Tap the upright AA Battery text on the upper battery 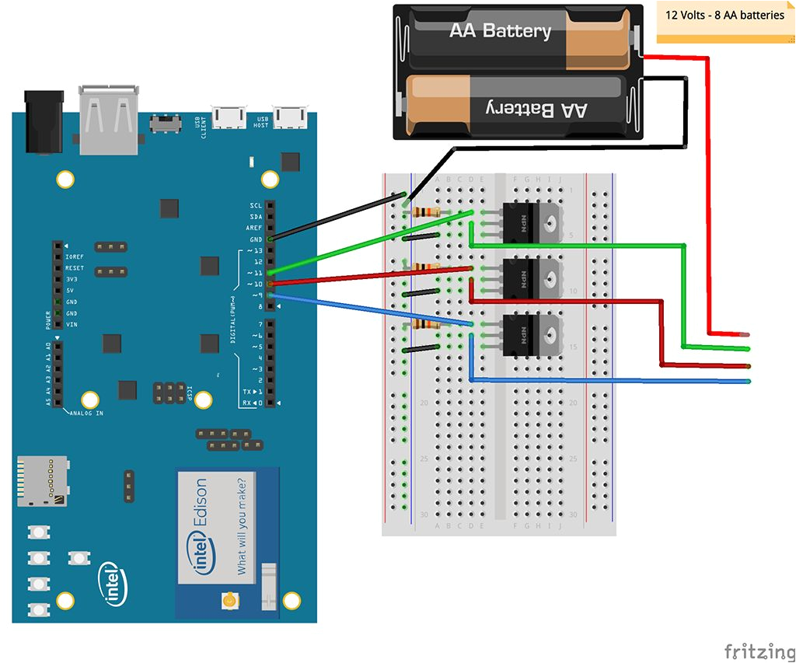(x=500, y=31)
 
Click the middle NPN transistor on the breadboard (x=532, y=277)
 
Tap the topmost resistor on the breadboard (x=427, y=212)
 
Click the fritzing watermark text (x=758, y=651)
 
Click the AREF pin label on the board (x=253, y=228)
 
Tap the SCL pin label (x=255, y=205)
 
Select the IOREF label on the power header (x=75, y=256)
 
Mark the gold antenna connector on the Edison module (x=229, y=600)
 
